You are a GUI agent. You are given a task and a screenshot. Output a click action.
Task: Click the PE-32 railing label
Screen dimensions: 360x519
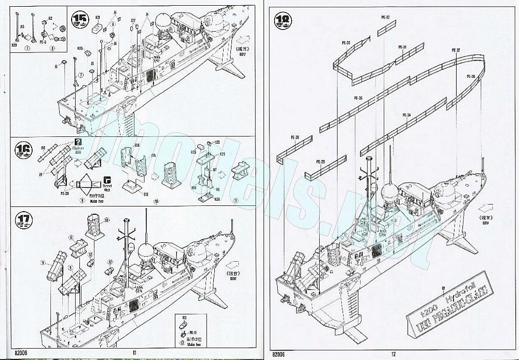point(385,17)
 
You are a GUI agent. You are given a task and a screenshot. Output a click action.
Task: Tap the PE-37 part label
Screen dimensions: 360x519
point(456,50)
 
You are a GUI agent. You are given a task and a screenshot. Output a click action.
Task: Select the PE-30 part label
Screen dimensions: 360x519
point(295,137)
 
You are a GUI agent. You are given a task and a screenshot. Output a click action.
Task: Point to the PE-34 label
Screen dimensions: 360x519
point(406,115)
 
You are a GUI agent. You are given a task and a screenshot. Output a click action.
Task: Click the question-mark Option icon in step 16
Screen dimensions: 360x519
point(78,142)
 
